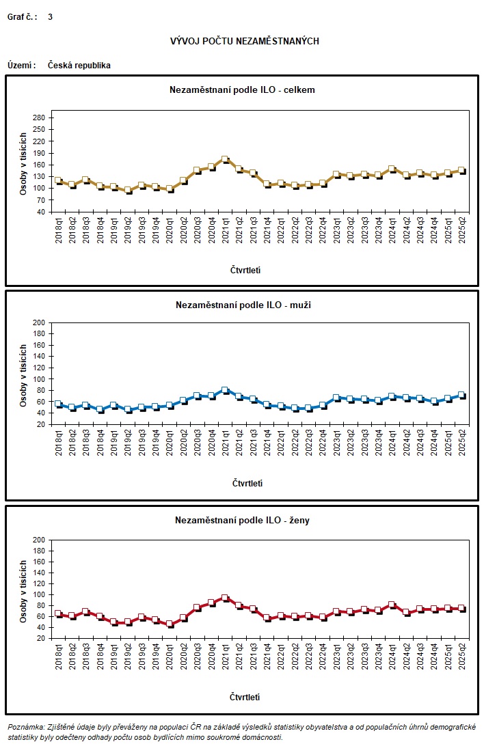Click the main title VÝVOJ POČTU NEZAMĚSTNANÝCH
click(x=244, y=42)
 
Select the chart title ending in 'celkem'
click(x=242, y=89)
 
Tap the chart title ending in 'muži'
click(x=242, y=305)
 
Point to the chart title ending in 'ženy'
click(x=242, y=521)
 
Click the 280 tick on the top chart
click(x=38, y=118)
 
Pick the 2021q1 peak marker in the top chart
click(x=225, y=159)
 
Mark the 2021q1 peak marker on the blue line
click(x=225, y=390)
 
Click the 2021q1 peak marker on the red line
click(x=225, y=598)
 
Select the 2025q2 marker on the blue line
click(x=461, y=395)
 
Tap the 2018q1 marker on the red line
click(x=58, y=614)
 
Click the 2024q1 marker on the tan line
click(x=392, y=169)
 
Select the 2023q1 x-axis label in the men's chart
click(x=336, y=445)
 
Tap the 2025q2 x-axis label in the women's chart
click(x=462, y=660)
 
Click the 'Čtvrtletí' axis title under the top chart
click(x=245, y=270)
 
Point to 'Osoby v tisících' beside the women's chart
click(x=23, y=589)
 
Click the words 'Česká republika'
click(x=79, y=66)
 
